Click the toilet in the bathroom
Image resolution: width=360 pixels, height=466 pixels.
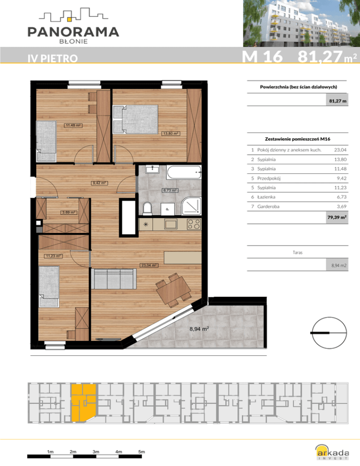coord(148,208)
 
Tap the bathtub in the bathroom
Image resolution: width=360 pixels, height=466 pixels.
coord(184,172)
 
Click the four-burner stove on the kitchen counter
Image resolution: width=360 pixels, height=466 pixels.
coord(194,224)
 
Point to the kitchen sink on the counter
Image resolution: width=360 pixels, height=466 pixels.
coord(171,224)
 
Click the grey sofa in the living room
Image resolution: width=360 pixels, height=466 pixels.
coord(114,279)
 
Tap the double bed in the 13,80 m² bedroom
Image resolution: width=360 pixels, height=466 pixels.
coord(135,119)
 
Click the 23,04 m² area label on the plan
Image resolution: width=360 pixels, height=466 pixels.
coord(149,265)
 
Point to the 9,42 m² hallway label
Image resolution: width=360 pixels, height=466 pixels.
coord(99,183)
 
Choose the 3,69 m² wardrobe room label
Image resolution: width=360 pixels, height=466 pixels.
coord(68,212)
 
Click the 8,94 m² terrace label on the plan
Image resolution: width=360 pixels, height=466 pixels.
coord(199,329)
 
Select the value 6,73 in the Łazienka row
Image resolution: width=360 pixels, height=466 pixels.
coord(340,197)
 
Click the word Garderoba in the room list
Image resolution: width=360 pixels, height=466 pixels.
coord(268,206)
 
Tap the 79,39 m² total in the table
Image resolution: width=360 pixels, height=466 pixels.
coord(337,217)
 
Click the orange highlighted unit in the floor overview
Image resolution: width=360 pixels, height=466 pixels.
coord(83,402)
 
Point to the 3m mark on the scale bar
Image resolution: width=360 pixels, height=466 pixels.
coord(96,452)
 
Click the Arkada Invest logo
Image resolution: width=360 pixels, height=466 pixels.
coord(332,452)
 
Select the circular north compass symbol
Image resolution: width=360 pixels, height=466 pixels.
coord(329,332)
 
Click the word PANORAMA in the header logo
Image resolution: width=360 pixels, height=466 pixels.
coord(73,32)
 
